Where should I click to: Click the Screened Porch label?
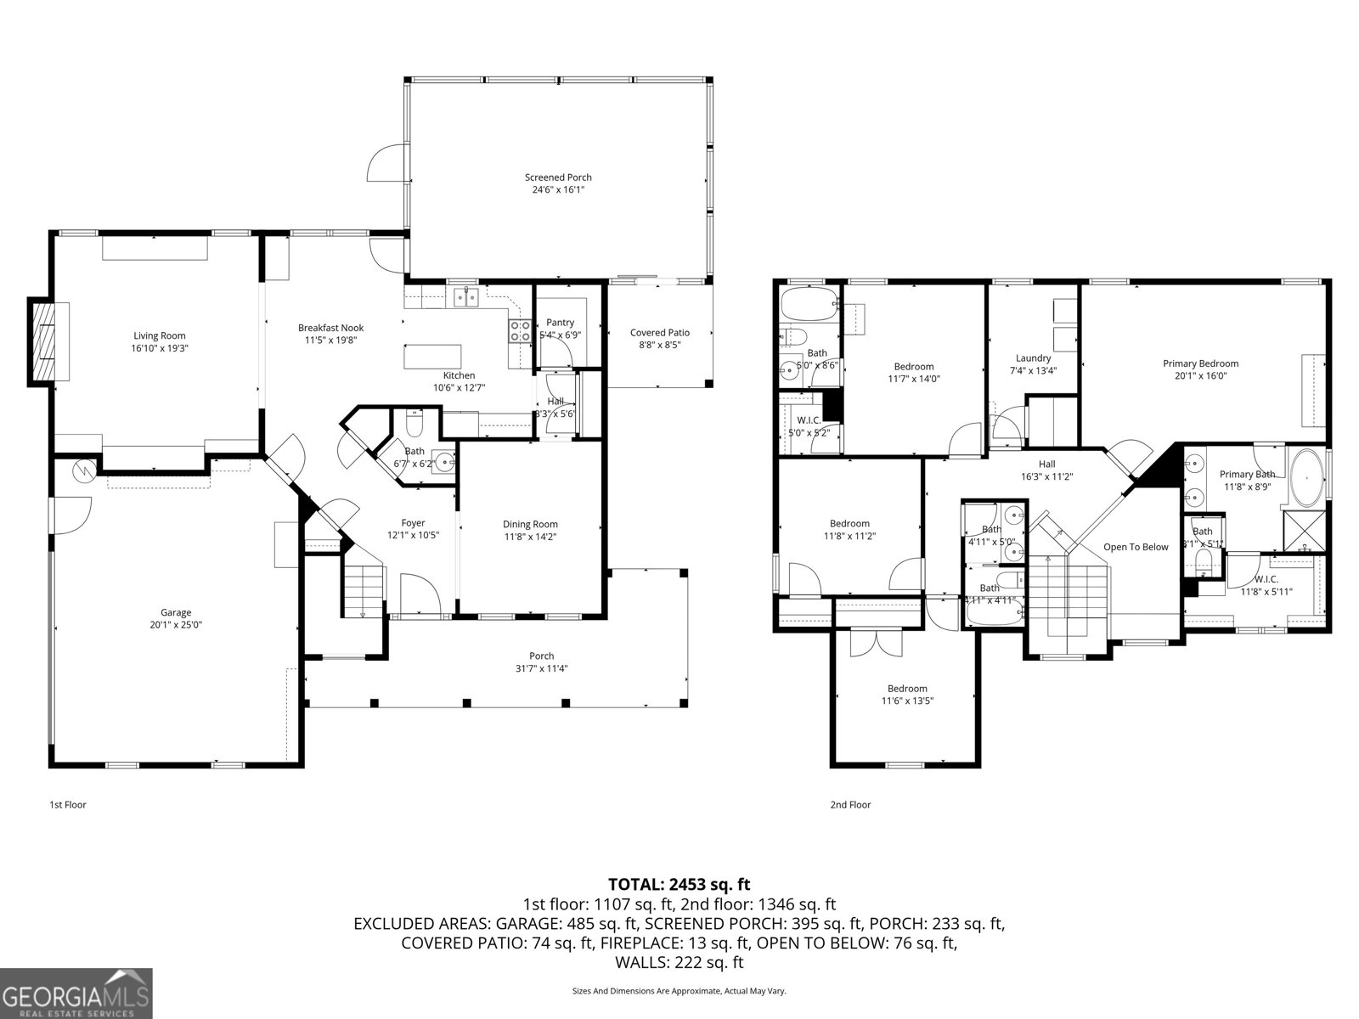(558, 177)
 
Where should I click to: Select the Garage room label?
(176, 612)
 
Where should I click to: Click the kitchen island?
(433, 356)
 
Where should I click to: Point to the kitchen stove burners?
(519, 331)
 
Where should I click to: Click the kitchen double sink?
(465, 296)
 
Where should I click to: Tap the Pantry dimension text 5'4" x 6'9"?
(560, 335)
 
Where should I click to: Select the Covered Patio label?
(659, 333)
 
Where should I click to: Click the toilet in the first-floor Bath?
(415, 422)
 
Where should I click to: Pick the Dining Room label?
(530, 524)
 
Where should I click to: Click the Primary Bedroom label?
(1200, 363)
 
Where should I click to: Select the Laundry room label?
(1033, 358)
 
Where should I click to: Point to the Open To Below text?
(1136, 547)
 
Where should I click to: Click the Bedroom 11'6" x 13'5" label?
(907, 689)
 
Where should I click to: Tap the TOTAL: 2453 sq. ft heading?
(679, 885)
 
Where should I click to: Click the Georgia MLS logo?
(76, 992)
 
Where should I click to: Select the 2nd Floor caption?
(850, 804)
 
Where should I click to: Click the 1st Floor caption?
(68, 804)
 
